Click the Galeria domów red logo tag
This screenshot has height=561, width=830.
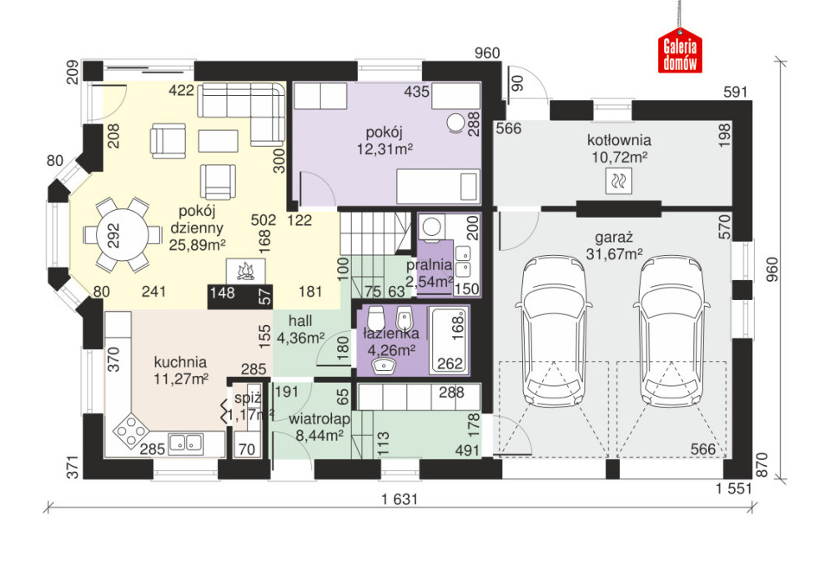tap(680, 51)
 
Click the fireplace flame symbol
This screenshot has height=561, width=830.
tap(244, 272)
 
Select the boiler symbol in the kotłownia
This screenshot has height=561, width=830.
tap(619, 181)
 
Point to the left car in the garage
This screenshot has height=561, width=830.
tap(554, 330)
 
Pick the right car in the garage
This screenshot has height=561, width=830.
tap(672, 330)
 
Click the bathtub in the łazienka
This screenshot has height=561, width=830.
tap(449, 340)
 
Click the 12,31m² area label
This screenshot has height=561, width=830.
tap(385, 149)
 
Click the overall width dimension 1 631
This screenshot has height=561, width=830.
tap(400, 499)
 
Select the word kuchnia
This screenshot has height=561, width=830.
tap(180, 363)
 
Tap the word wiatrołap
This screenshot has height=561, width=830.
tap(319, 419)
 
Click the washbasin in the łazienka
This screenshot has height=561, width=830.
tap(384, 365)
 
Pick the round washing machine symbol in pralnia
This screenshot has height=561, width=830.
tap(431, 227)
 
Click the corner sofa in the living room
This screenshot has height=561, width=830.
tap(242, 113)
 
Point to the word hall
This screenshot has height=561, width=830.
tap(300, 321)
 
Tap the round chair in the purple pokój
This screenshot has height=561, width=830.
tap(455, 123)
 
